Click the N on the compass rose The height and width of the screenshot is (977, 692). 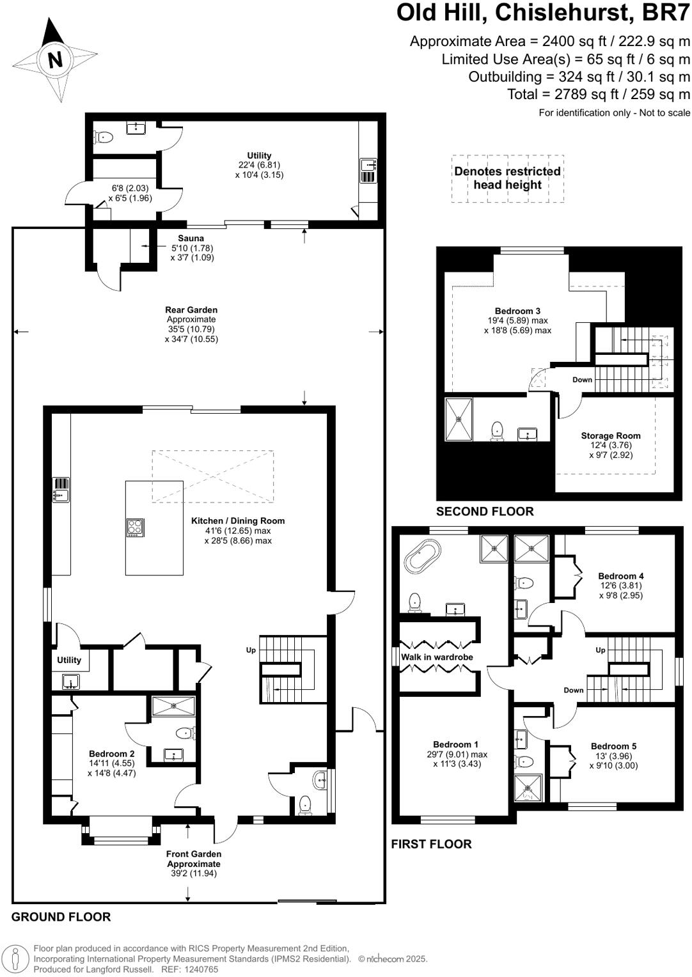pyautogui.click(x=55, y=60)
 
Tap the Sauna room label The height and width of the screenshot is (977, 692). pyautogui.click(x=191, y=238)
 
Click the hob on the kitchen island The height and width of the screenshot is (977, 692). pyautogui.click(x=135, y=527)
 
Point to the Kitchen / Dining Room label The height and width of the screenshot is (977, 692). pyautogui.click(x=238, y=521)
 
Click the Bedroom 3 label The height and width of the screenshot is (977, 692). pyautogui.click(x=517, y=311)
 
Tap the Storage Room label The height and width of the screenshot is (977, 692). pyautogui.click(x=610, y=436)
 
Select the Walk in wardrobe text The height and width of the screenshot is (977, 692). pyautogui.click(x=437, y=657)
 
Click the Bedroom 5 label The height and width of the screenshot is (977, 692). pyautogui.click(x=613, y=746)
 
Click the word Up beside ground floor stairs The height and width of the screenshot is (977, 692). pyautogui.click(x=251, y=650)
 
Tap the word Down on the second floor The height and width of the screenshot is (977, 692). pyautogui.click(x=582, y=380)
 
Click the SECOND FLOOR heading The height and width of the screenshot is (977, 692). pyautogui.click(x=484, y=512)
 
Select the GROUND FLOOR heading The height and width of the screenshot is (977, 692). pyautogui.click(x=61, y=917)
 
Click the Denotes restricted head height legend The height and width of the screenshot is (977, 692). pyautogui.click(x=507, y=178)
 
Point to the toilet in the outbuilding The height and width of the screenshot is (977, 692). pyautogui.click(x=104, y=137)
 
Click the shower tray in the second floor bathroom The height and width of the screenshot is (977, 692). pyautogui.click(x=459, y=419)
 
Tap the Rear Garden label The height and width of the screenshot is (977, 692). pyautogui.click(x=191, y=310)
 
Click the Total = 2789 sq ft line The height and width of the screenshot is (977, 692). pyautogui.click(x=599, y=95)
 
